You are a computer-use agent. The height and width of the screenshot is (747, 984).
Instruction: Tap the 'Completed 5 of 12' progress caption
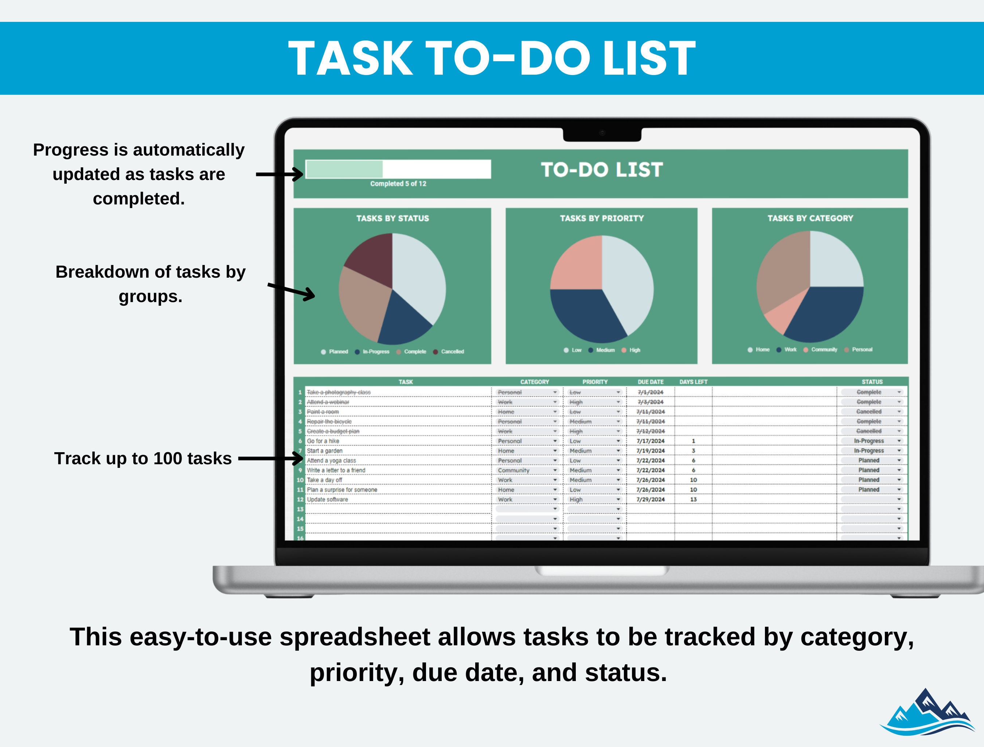tap(398, 184)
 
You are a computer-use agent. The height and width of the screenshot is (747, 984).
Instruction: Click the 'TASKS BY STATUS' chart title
tap(393, 218)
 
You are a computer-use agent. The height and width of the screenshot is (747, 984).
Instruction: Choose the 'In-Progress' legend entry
tap(375, 352)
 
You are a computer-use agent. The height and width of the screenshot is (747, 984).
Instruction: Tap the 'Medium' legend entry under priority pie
tap(605, 350)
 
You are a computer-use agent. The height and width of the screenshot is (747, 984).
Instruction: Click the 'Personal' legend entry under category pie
tap(862, 350)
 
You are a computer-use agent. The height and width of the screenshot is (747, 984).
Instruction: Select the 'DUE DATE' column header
tap(651, 382)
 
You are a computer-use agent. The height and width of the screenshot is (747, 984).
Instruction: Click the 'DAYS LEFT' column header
tap(693, 382)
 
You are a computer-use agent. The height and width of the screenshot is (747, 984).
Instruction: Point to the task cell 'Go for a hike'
tap(323, 441)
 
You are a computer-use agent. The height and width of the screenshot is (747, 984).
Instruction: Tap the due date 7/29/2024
tap(651, 500)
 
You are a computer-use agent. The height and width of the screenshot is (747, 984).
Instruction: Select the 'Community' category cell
tap(514, 470)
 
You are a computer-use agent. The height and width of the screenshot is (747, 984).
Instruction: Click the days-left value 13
tap(693, 500)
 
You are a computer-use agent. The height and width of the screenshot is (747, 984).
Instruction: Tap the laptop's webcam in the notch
tap(602, 133)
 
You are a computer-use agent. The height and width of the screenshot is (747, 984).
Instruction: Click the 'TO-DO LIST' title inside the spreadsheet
tap(602, 170)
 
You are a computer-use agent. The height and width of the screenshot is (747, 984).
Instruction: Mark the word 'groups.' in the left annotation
tap(151, 296)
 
